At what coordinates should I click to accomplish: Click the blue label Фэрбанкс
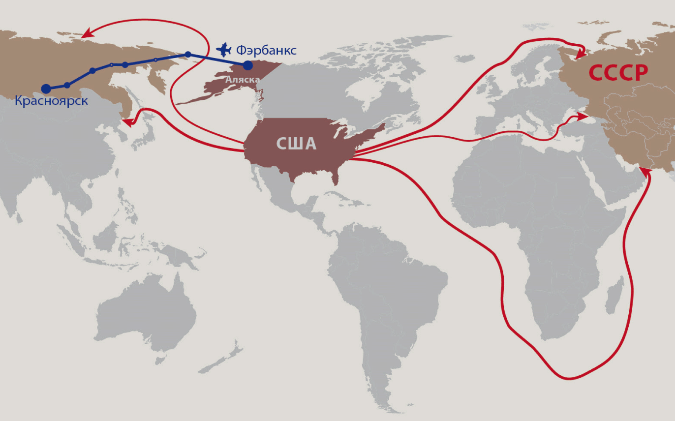(x=266, y=50)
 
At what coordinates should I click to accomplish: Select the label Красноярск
(x=51, y=101)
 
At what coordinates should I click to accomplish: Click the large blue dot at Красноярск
(x=46, y=89)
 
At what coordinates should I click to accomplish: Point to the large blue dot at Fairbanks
(x=248, y=65)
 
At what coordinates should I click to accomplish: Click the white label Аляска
(x=242, y=79)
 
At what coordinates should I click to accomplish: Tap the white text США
(x=296, y=144)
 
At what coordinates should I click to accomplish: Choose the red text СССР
(x=618, y=73)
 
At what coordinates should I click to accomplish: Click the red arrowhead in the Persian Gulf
(x=643, y=172)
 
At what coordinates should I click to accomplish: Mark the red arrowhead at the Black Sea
(x=583, y=117)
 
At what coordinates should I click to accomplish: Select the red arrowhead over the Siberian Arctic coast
(x=87, y=34)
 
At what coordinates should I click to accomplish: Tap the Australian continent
(x=148, y=315)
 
